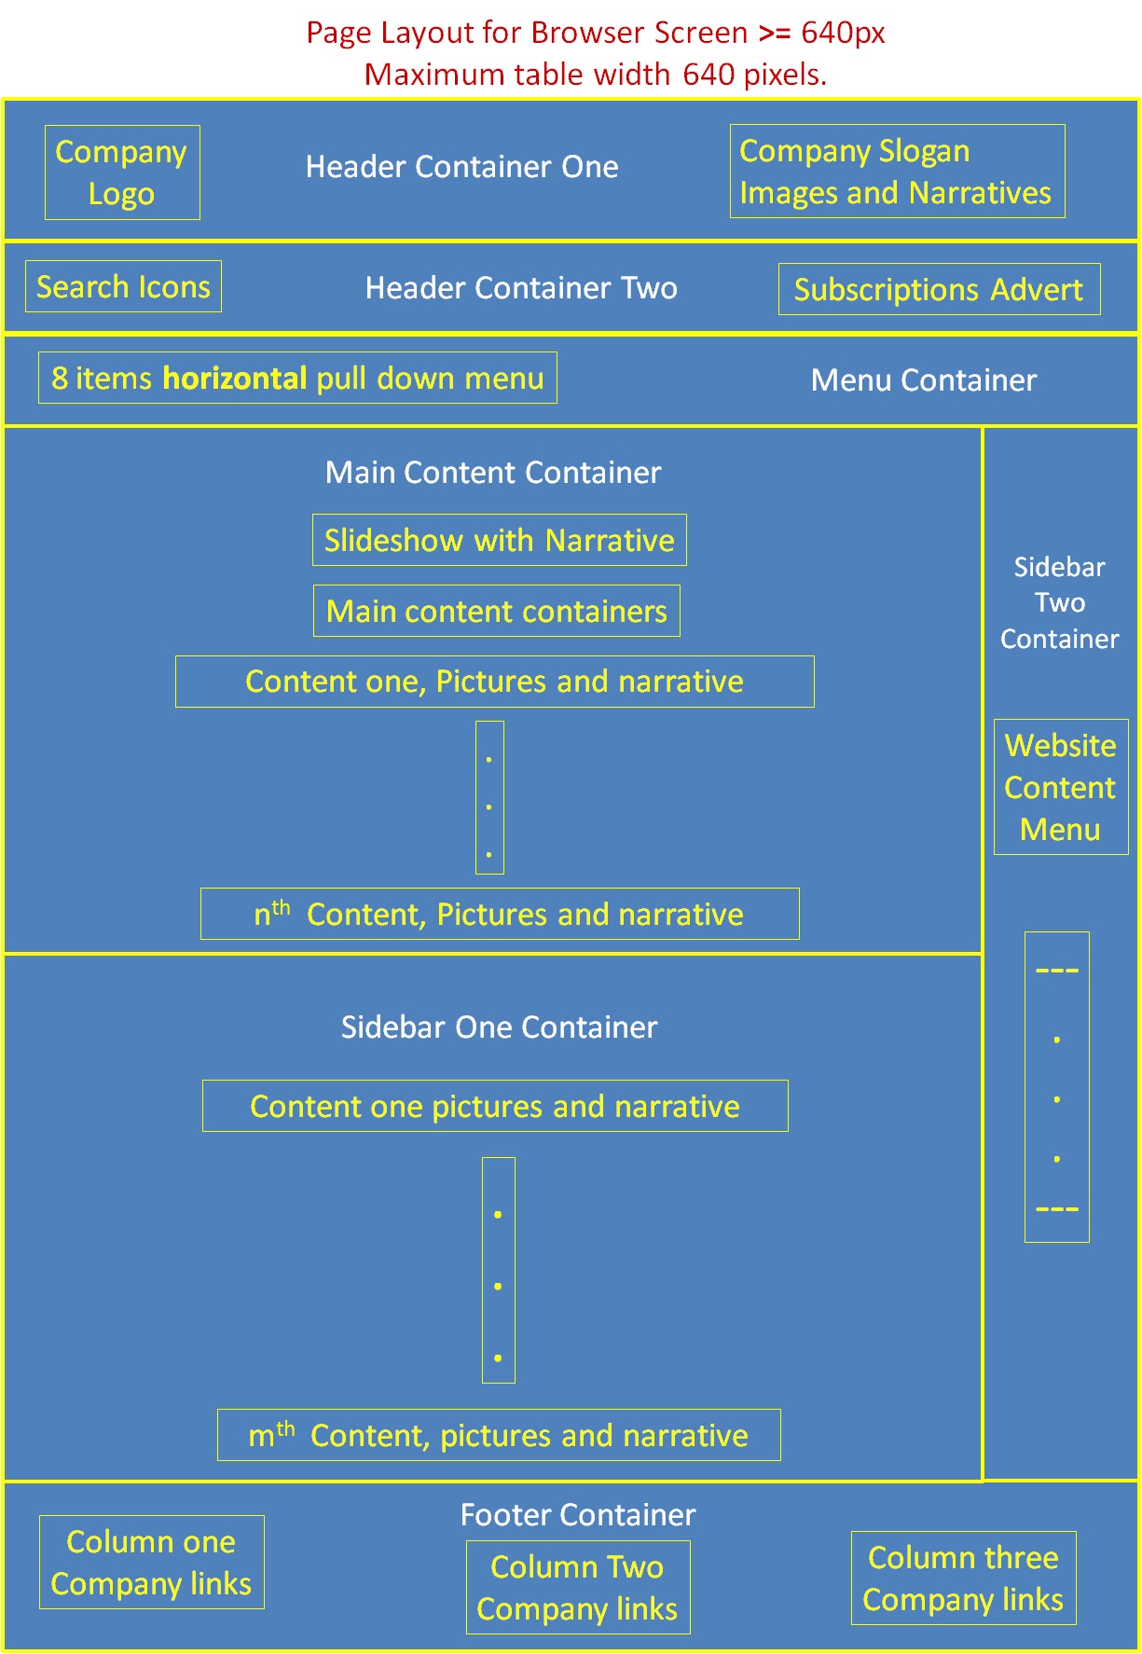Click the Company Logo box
point(122,172)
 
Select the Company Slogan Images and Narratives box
point(897,172)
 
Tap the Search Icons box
point(123,286)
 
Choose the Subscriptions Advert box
point(939,289)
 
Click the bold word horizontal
point(235,378)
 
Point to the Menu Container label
point(923,380)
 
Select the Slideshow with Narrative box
point(499,540)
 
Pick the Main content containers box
point(496,611)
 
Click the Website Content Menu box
point(1060,787)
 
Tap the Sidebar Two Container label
point(1060,602)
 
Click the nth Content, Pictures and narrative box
point(500,914)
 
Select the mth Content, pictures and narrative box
point(499,1435)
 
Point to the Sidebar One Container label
point(499,1027)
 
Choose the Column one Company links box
point(151,1562)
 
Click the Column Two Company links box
point(577,1587)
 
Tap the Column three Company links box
point(963,1578)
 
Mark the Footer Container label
point(578,1514)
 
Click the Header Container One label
point(461,167)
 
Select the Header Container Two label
point(521,287)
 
